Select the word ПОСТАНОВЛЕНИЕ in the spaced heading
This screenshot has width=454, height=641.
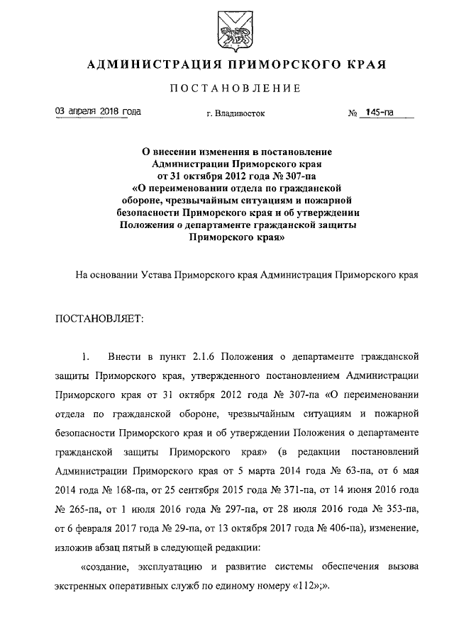(x=236, y=89)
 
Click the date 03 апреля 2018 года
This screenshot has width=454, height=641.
(x=98, y=112)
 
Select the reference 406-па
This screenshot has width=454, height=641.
(x=339, y=528)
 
